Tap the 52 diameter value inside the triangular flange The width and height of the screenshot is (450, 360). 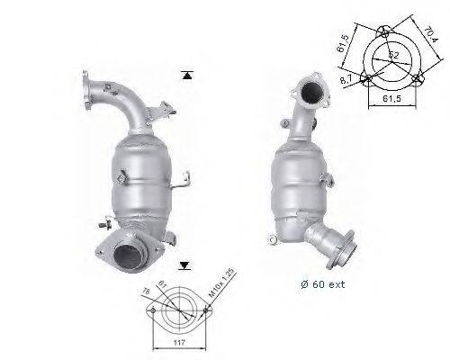[393, 56]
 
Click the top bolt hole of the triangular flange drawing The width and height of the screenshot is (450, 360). [382, 31]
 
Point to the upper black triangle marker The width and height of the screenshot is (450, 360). [185, 75]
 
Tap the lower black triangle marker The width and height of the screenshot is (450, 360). [184, 265]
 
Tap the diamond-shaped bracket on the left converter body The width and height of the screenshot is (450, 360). [118, 179]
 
